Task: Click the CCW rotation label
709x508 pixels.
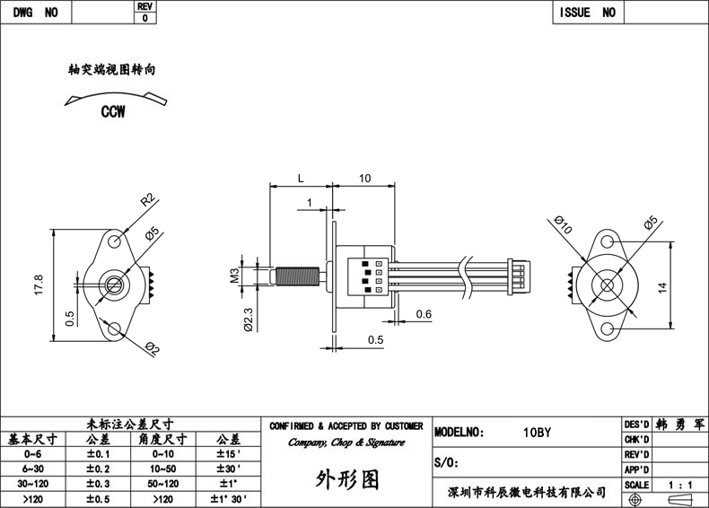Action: tap(113, 111)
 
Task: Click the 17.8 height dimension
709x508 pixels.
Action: tap(39, 285)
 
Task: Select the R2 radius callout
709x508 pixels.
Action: tap(148, 199)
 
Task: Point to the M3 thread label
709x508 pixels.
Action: tap(234, 275)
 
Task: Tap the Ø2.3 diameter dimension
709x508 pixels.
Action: tap(249, 320)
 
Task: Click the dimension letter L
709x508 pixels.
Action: tap(301, 179)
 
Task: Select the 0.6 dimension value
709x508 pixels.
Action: tap(424, 314)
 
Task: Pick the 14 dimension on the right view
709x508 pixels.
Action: tap(662, 287)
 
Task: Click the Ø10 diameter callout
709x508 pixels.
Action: tap(564, 224)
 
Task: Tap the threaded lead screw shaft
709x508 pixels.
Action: tap(298, 276)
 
